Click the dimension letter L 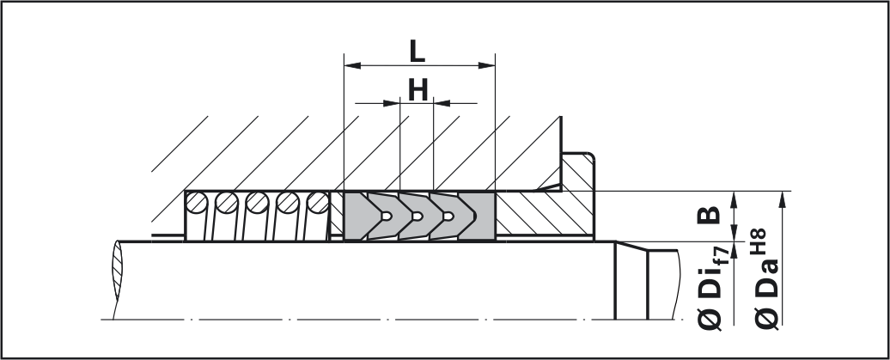tap(417, 52)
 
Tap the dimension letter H tap(418, 91)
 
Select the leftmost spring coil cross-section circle tap(198, 204)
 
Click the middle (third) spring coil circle tap(256, 204)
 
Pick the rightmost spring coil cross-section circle tap(316, 204)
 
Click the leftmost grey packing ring tap(356, 216)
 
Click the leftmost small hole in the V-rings tap(388, 216)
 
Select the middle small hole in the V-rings tap(417, 216)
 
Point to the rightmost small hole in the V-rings tap(445, 216)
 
